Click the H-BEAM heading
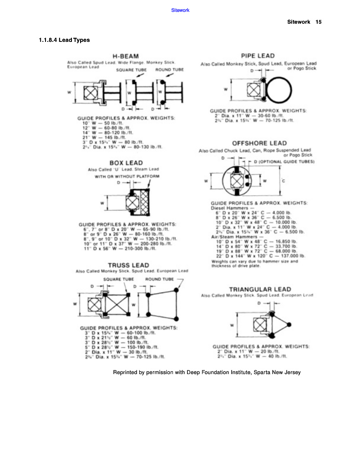125,56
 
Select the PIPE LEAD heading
258,56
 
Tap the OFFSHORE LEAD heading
259,143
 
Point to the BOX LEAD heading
126,163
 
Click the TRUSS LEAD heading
128,265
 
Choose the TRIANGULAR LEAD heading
259,289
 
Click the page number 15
319,22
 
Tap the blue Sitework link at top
180,10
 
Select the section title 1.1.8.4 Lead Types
64,40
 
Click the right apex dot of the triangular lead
289,324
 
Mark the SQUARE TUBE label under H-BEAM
131,70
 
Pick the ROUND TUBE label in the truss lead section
159,279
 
